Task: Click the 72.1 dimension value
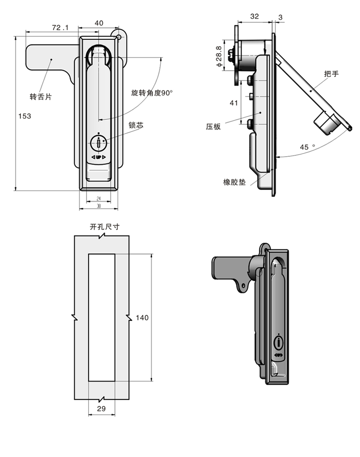click(x=60, y=28)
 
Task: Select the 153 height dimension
click(x=25, y=116)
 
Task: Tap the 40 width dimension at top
click(x=99, y=23)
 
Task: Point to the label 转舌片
click(x=41, y=96)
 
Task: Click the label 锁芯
click(x=136, y=125)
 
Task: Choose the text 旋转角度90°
click(x=152, y=93)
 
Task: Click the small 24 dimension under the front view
click(x=99, y=198)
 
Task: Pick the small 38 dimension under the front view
click(x=99, y=206)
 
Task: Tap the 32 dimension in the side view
click(x=254, y=16)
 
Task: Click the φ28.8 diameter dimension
click(x=219, y=56)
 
